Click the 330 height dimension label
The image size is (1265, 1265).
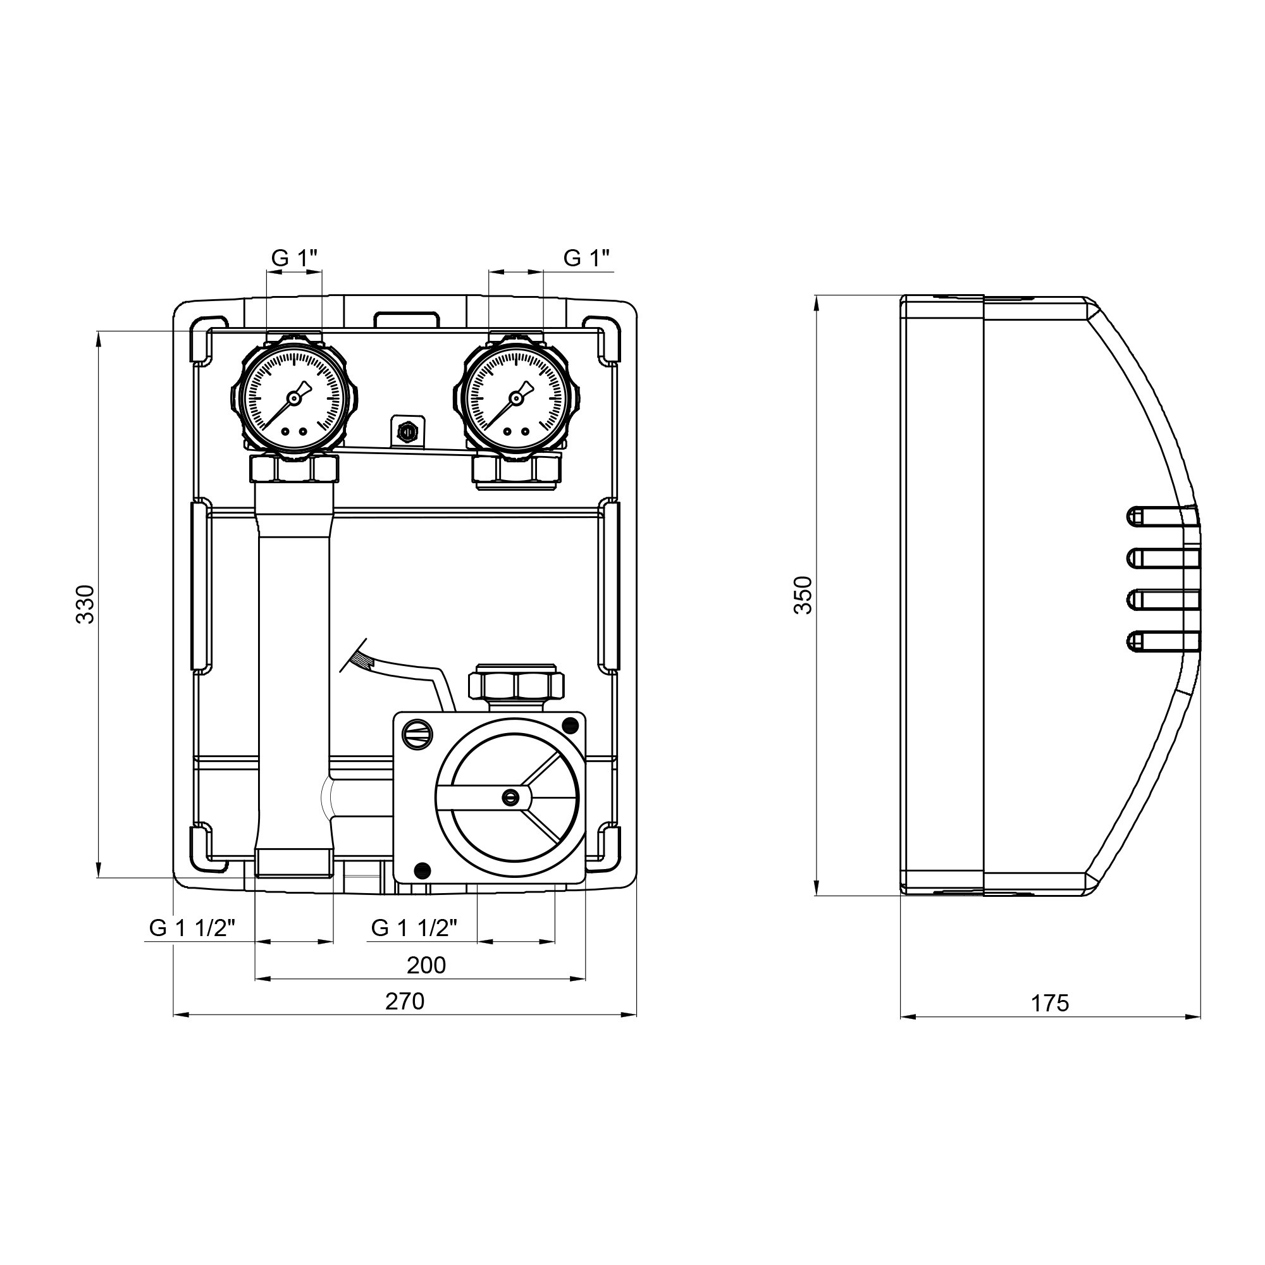[86, 603]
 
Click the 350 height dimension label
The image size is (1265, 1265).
[803, 595]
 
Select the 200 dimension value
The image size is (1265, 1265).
[426, 965]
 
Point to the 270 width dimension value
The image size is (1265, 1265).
[405, 1001]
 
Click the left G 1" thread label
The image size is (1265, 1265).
[295, 259]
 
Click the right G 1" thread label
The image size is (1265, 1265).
[586, 259]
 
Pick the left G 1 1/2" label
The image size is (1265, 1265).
[192, 927]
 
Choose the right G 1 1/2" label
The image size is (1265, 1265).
[414, 927]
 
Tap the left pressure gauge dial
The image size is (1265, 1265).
[294, 397]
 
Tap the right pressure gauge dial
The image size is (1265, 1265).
[517, 397]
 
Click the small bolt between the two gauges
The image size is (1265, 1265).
[407, 431]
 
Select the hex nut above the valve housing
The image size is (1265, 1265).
[517, 685]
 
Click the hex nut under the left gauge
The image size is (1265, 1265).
[294, 469]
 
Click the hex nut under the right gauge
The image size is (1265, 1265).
[517, 469]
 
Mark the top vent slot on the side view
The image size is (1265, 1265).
[1163, 516]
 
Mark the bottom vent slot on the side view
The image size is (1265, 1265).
[1163, 641]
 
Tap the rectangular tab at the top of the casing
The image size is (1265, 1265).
[406, 319]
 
